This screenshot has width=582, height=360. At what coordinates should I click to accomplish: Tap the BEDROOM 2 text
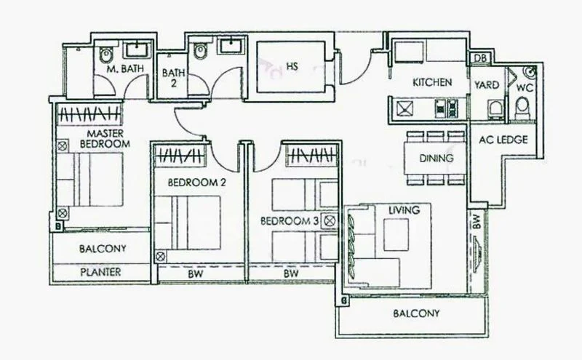click(196, 183)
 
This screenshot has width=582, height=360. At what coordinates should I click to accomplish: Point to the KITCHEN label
click(433, 83)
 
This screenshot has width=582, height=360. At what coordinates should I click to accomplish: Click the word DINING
click(437, 158)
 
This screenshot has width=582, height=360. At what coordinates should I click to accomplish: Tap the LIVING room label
click(404, 210)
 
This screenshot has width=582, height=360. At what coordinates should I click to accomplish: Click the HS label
click(292, 66)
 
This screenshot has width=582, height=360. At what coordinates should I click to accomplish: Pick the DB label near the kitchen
click(480, 59)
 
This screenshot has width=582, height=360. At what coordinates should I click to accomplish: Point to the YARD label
click(487, 85)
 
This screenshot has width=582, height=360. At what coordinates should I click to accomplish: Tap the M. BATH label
click(124, 69)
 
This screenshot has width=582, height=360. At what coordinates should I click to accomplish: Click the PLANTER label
click(102, 273)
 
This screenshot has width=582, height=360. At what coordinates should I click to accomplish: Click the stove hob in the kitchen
click(442, 109)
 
